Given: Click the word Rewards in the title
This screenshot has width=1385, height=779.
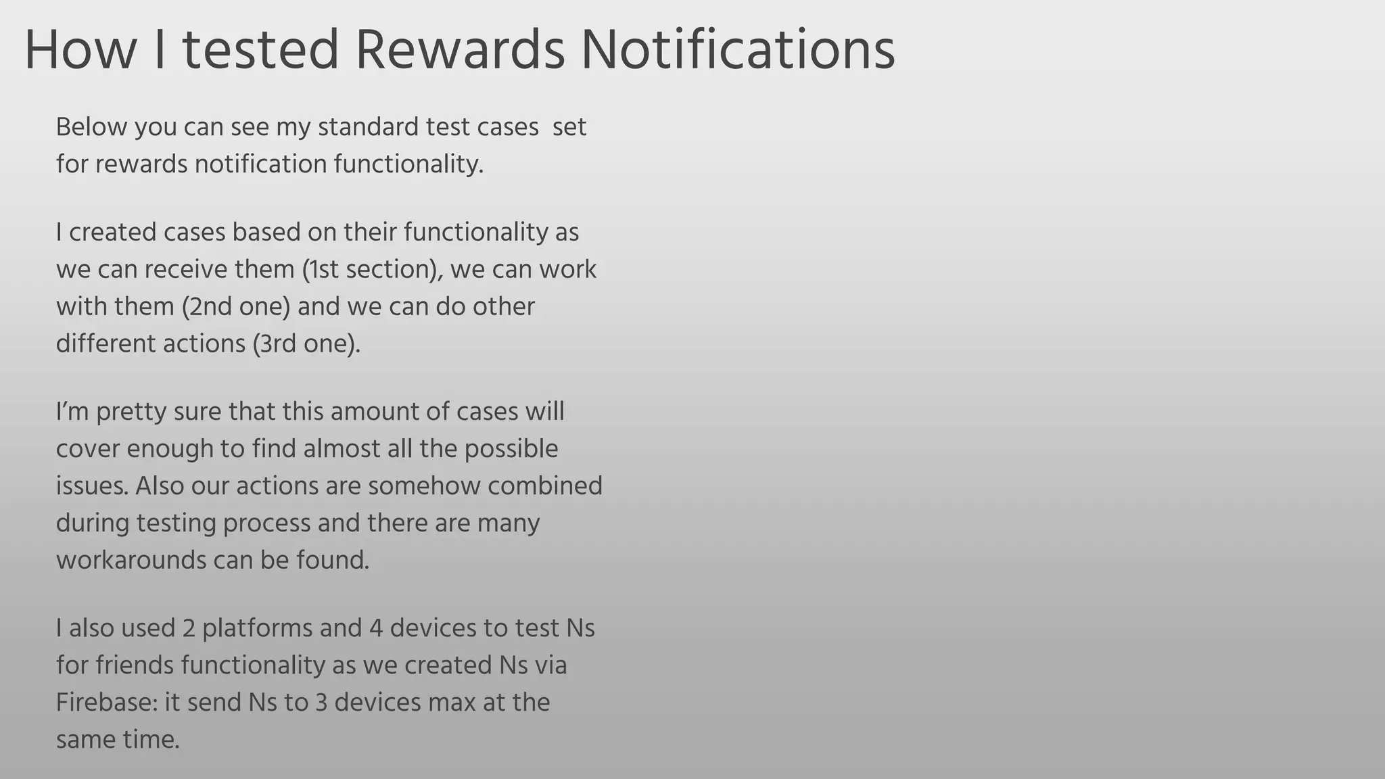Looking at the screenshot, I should tap(460, 50).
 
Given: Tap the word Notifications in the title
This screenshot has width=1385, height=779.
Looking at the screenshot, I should tap(738, 50).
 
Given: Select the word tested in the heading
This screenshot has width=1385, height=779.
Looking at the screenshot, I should tap(260, 50).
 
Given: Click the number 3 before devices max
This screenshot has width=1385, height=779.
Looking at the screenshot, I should tap(321, 702).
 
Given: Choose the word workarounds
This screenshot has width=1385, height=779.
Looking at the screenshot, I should tap(131, 560).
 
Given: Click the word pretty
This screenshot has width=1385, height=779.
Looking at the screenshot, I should tap(131, 412).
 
